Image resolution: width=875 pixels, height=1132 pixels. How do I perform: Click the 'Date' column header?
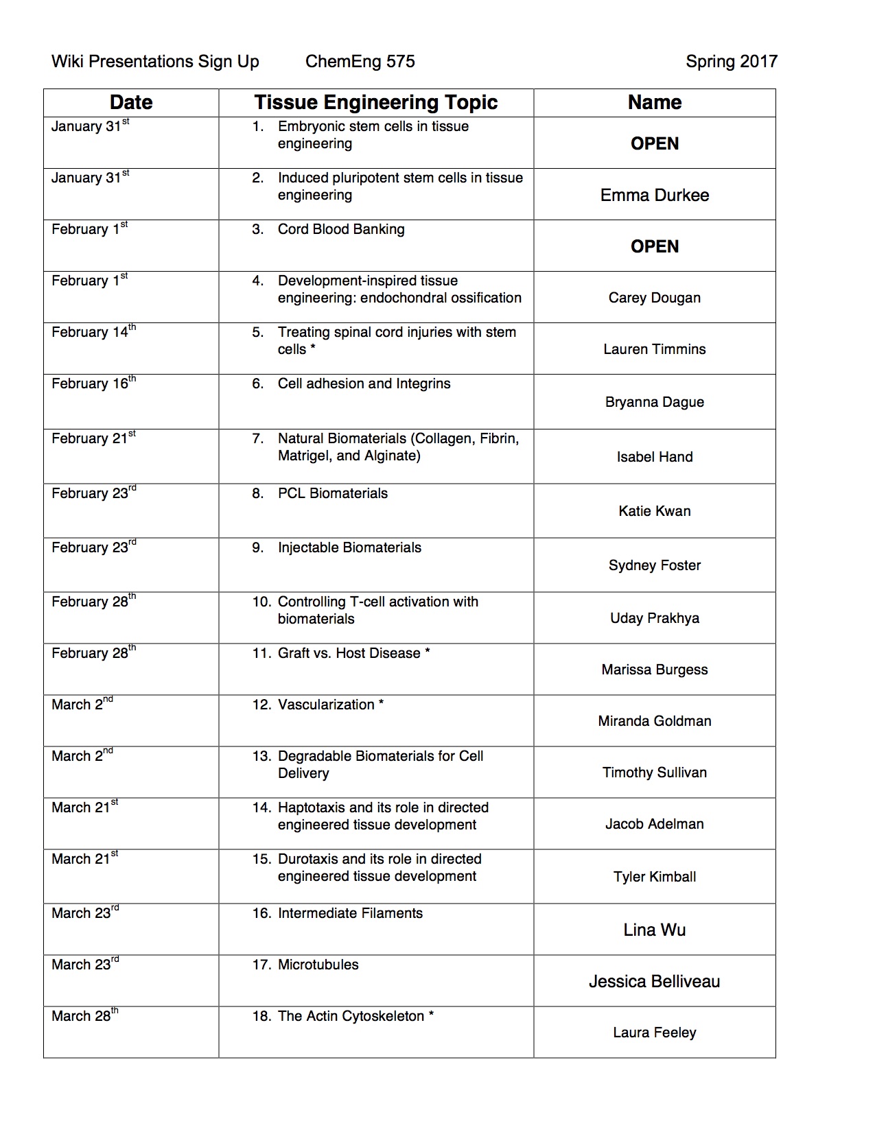click(131, 103)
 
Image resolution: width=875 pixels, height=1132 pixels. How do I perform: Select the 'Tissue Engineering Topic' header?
click(375, 103)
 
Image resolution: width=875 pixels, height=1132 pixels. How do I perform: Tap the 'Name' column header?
click(654, 103)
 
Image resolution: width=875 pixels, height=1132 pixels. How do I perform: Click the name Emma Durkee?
click(654, 195)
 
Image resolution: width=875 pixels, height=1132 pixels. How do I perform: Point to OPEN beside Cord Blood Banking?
click(654, 246)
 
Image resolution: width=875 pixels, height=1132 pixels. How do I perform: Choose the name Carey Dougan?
click(654, 298)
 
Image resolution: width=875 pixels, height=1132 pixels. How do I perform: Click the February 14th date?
click(93, 332)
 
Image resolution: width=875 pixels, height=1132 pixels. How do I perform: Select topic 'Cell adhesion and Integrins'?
click(364, 384)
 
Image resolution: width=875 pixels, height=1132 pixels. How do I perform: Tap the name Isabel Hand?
click(654, 457)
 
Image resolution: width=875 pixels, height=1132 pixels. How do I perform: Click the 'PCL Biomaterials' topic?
click(332, 493)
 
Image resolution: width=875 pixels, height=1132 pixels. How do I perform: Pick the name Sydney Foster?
click(654, 565)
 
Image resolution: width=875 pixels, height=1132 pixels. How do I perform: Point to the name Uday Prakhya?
click(654, 618)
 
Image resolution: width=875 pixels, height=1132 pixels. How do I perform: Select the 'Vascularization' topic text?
click(326, 705)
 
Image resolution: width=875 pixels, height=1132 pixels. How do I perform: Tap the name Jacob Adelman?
click(654, 824)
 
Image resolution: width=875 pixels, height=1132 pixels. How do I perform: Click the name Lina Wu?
click(654, 930)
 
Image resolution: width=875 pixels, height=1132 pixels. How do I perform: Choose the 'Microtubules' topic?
click(318, 965)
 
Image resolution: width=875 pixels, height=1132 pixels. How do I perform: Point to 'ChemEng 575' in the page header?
click(360, 62)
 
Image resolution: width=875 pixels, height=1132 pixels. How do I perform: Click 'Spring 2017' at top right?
click(731, 62)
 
